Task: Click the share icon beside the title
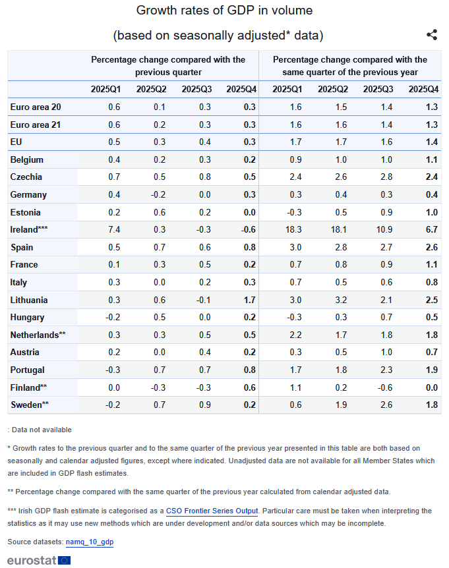point(432,35)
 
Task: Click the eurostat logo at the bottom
point(39,560)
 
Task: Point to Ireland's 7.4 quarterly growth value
point(113,229)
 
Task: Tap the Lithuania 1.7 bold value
point(249,300)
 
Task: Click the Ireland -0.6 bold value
point(248,229)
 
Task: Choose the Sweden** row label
point(29,405)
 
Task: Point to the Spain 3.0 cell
point(296,247)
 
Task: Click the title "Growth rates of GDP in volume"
point(224,11)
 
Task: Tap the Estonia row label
point(26,212)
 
